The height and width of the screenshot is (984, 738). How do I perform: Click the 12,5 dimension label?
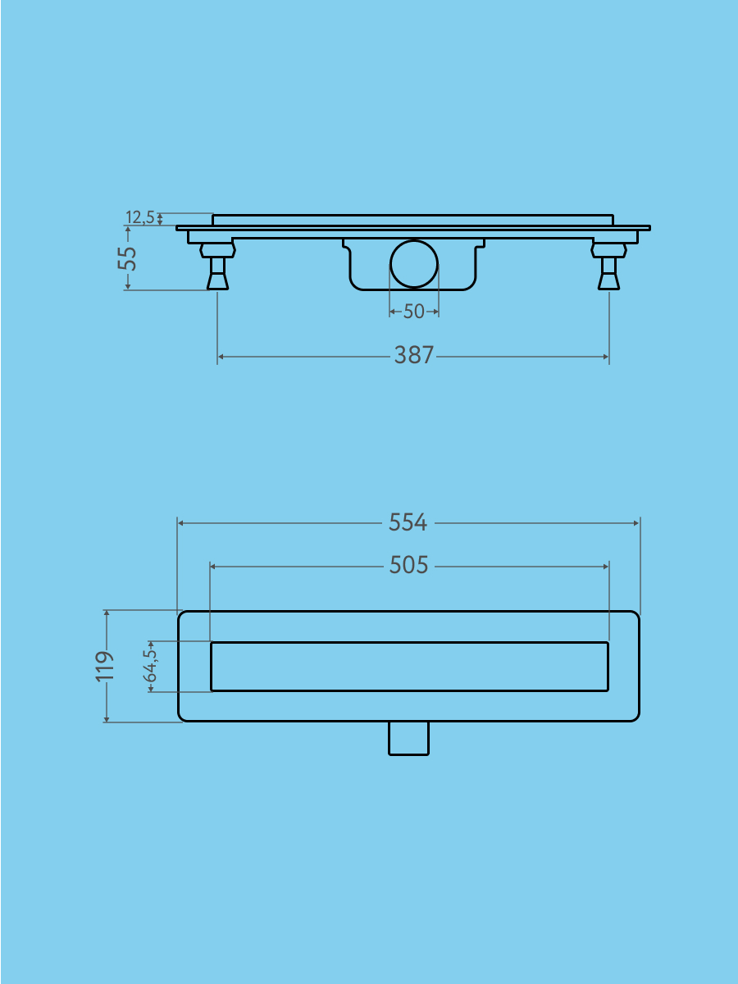(x=139, y=217)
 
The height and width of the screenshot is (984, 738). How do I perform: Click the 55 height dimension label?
(x=127, y=257)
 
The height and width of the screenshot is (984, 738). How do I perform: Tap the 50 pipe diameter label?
(x=413, y=312)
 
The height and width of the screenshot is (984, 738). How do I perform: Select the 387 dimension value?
(x=413, y=356)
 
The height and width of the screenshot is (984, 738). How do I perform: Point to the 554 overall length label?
(x=408, y=522)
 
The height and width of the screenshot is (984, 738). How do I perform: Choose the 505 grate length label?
(x=408, y=565)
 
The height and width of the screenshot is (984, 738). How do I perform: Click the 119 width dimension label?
(x=104, y=667)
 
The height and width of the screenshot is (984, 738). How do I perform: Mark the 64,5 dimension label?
(x=151, y=667)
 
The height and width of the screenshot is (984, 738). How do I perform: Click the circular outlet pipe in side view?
(x=413, y=263)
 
